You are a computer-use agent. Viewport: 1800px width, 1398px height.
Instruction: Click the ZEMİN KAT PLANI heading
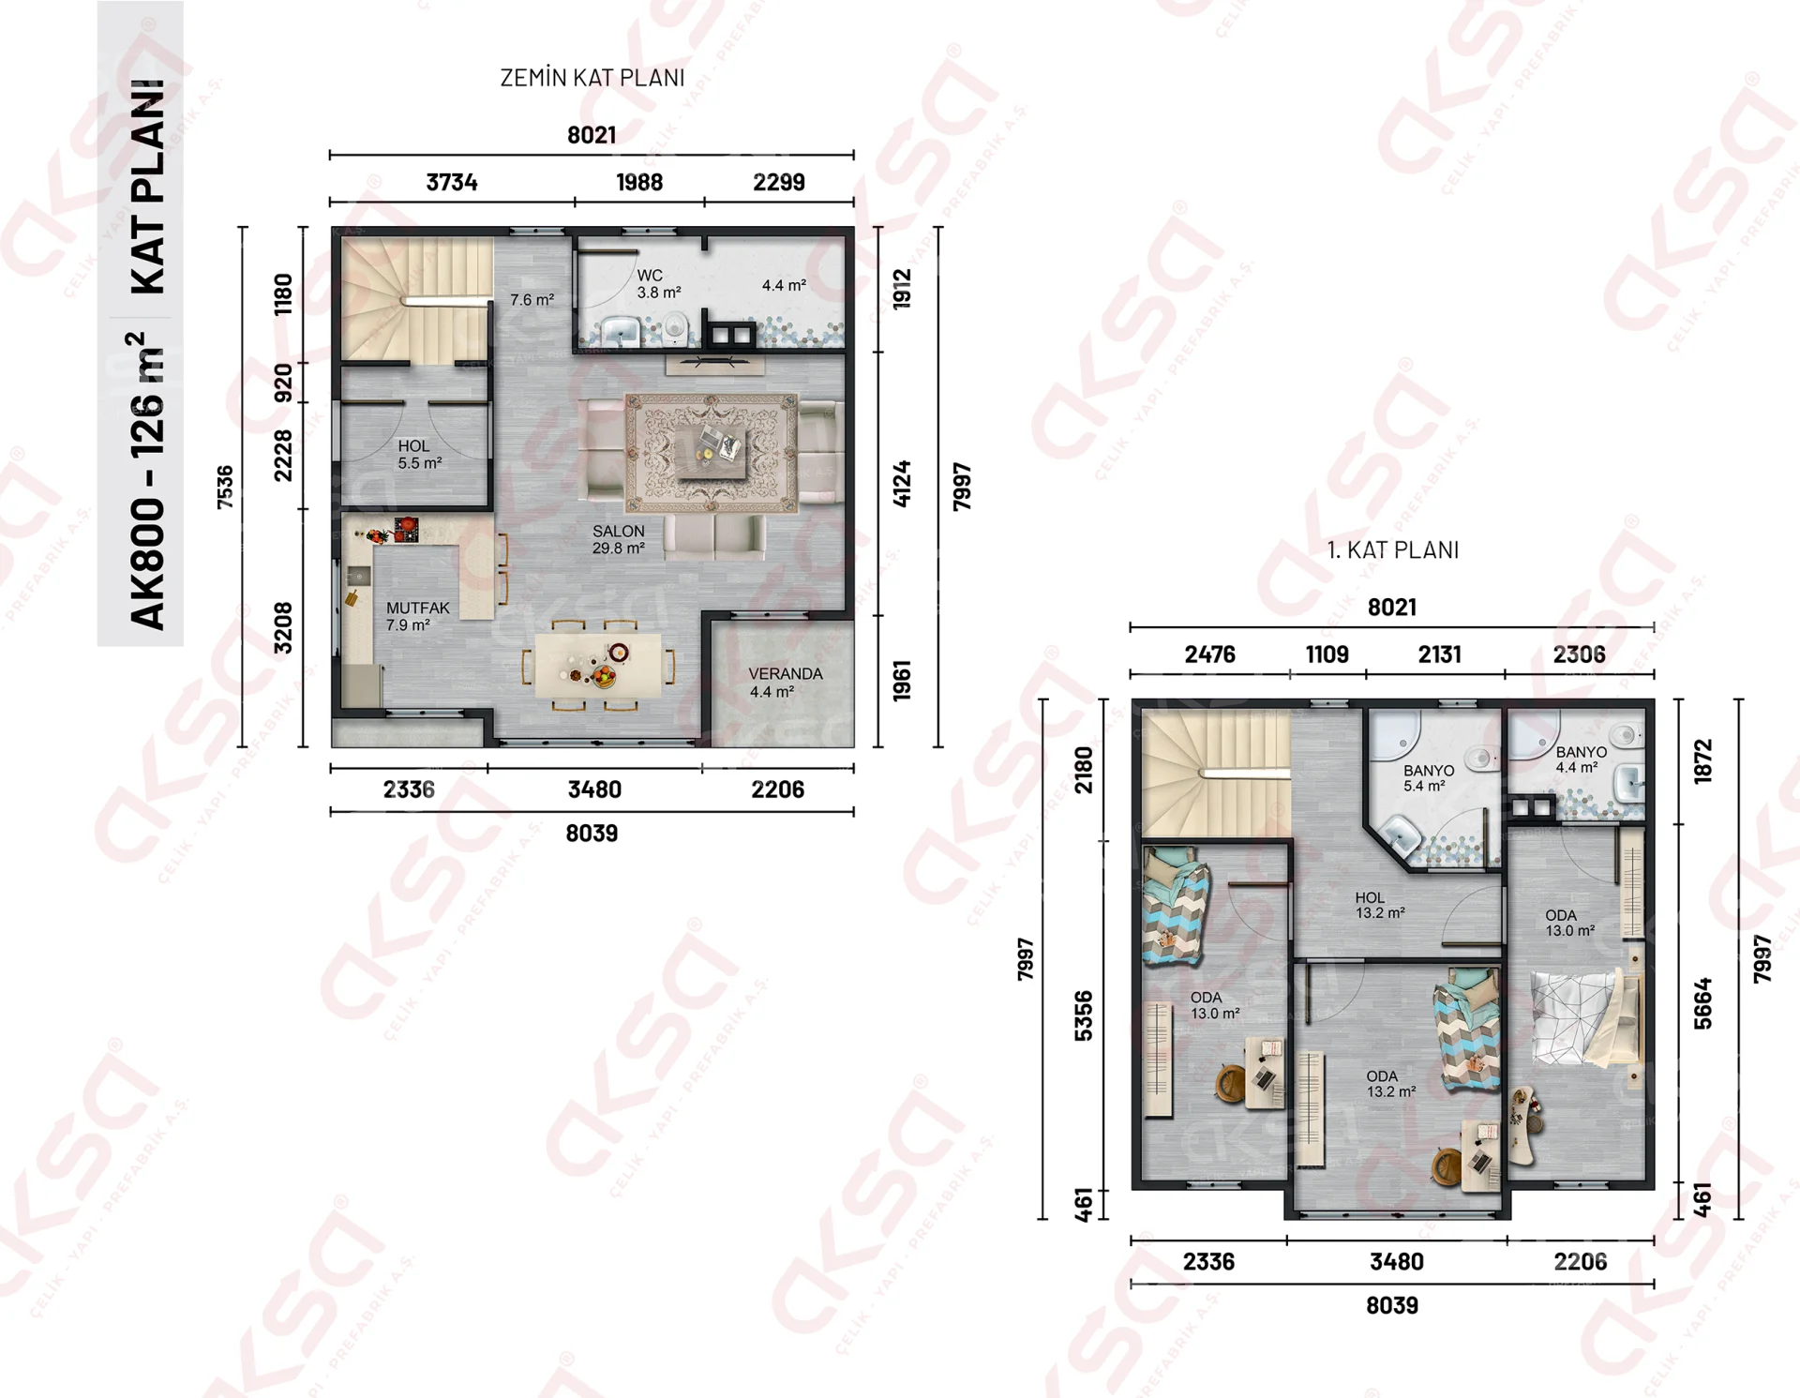coord(592,78)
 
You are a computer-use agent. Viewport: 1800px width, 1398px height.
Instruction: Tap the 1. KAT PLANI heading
coord(1393,550)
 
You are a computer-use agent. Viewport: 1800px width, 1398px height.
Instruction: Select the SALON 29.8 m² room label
coord(619,539)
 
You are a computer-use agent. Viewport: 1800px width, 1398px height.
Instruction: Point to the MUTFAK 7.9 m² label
coord(417,616)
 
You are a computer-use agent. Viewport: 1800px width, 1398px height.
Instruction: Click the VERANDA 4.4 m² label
coord(786,683)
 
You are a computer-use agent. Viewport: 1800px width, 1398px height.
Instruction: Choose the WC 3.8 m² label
coord(659,283)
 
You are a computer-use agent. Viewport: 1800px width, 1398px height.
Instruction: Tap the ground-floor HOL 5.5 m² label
coord(419,454)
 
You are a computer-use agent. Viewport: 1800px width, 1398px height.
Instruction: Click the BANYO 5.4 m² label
coord(1429,778)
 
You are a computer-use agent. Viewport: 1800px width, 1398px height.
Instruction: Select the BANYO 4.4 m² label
coord(1582,759)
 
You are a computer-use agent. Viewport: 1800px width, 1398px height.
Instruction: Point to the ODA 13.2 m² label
coord(1390,1084)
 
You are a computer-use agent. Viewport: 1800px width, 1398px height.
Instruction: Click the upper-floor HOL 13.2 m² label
coord(1380,905)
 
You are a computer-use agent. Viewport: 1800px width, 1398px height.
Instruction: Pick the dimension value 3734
coord(452,182)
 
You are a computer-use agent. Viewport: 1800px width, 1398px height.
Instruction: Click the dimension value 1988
coord(639,182)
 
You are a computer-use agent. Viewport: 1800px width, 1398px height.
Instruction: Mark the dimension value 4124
coord(902,484)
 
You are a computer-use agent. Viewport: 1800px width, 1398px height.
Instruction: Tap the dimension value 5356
coord(1084,1015)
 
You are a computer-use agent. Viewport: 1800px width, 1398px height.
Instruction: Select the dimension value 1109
coord(1327,654)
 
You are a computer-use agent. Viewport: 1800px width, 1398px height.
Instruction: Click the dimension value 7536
coord(225,488)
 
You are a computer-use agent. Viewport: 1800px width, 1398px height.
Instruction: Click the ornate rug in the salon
coord(712,453)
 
